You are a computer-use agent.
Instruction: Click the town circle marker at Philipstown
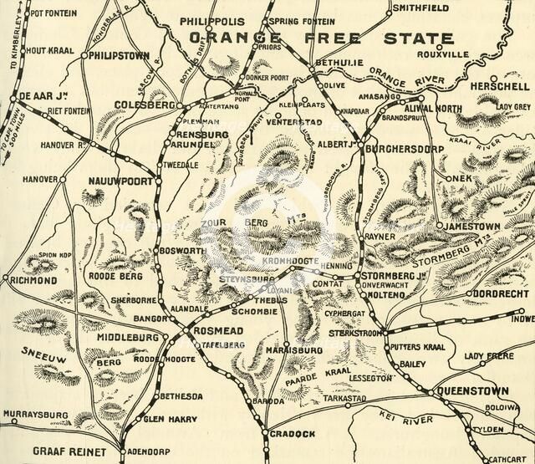tap(84, 55)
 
